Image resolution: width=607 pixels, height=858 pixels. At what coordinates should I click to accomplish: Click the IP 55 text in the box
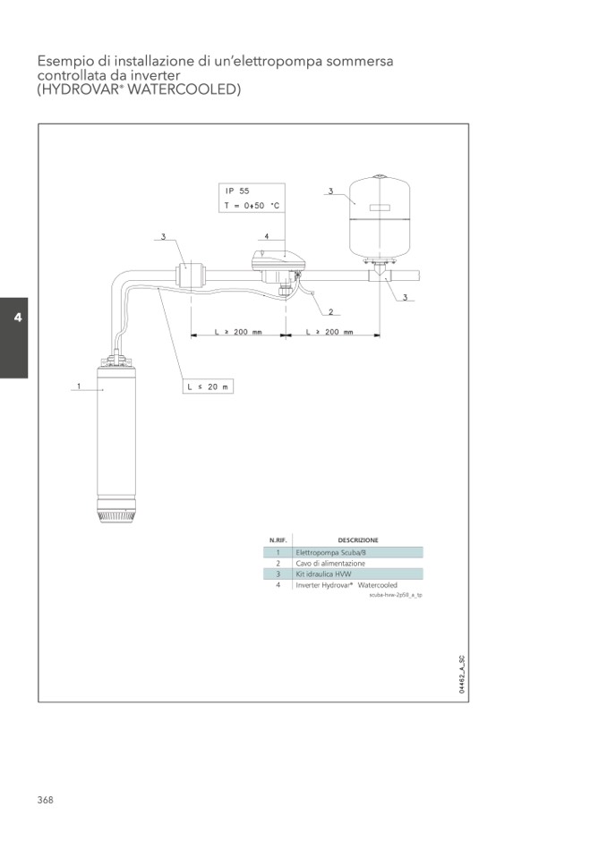(237, 191)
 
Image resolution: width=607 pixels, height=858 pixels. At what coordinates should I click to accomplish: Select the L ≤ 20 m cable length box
(208, 387)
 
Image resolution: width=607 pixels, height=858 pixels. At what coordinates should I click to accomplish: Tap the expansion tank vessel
(380, 217)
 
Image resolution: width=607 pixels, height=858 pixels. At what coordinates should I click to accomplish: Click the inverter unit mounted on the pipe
(277, 266)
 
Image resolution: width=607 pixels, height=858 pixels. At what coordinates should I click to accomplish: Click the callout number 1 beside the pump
(78, 386)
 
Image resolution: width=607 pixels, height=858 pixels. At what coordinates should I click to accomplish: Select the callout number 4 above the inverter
(267, 236)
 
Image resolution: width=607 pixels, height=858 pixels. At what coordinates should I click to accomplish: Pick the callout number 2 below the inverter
(330, 312)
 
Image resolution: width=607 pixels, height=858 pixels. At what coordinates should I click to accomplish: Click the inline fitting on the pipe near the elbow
(190, 274)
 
